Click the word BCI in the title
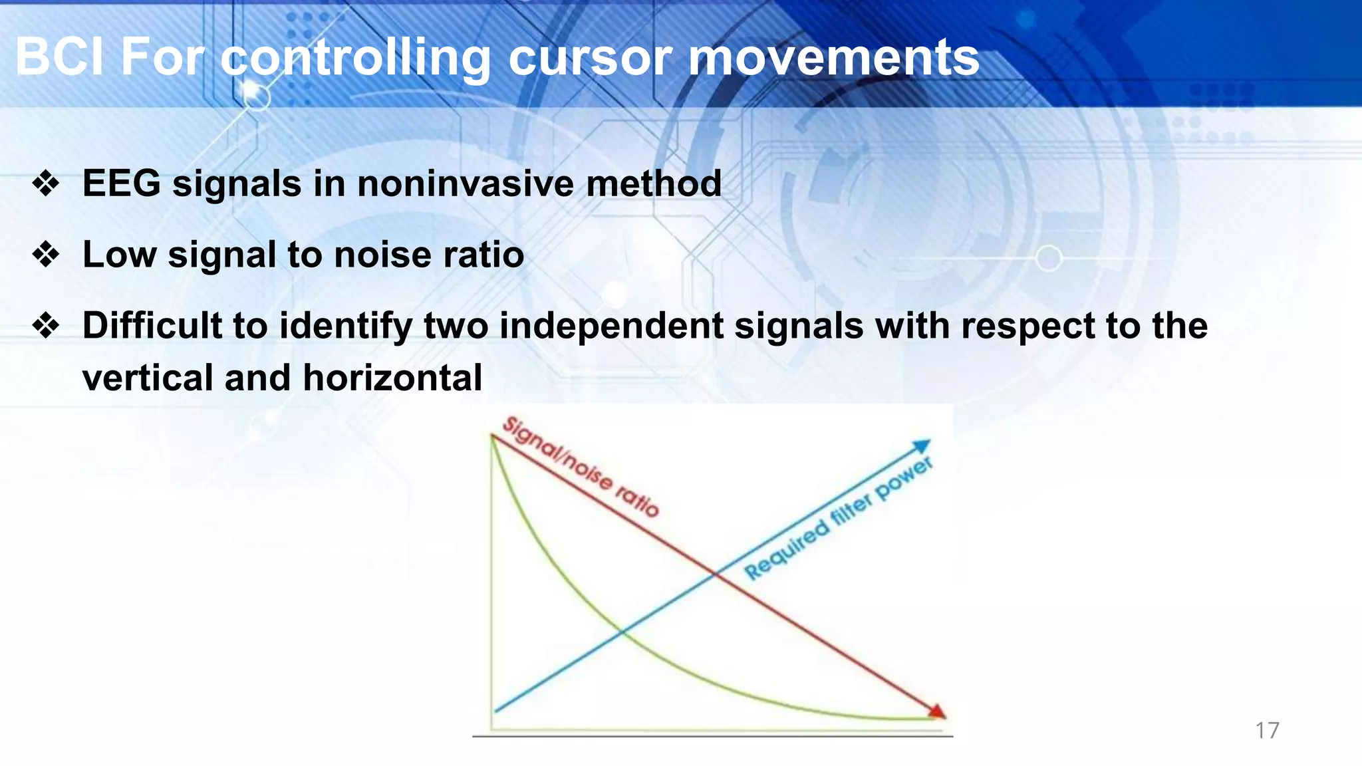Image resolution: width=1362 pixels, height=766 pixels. pos(59,57)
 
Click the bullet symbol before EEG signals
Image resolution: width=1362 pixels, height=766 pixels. pos(46,184)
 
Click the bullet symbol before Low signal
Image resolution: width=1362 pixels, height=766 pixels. pos(46,255)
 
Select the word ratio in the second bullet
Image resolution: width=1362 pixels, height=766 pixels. pos(483,255)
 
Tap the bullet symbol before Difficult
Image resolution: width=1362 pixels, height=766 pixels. pos(46,326)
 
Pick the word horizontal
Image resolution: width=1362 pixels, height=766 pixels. pos(392,378)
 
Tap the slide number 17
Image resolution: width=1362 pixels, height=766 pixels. pos(1267,730)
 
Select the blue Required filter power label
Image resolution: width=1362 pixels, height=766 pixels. pos(838,518)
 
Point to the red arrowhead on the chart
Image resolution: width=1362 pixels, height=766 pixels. pos(937,712)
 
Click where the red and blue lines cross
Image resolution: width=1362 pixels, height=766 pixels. pos(715,573)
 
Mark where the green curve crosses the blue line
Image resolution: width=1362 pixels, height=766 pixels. pos(622,631)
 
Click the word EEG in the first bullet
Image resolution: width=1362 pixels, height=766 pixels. pos(121,184)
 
